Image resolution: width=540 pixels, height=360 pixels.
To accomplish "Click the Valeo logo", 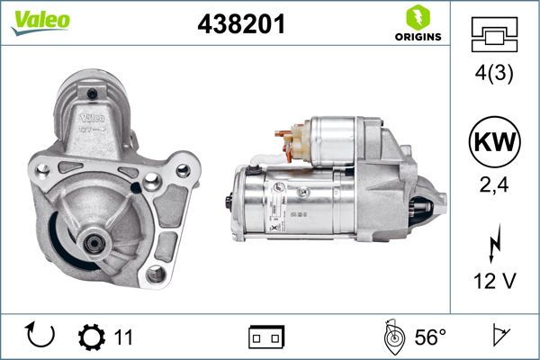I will pos(40,21).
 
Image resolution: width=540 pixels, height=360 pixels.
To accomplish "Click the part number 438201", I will pos(240,26).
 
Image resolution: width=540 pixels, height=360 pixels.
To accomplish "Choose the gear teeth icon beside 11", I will pos(92,337).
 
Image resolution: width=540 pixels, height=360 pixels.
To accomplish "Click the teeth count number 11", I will pos(123,337).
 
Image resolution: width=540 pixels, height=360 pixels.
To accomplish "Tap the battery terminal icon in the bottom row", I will pos(266,337).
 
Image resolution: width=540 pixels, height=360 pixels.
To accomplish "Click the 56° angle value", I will pos(430,337).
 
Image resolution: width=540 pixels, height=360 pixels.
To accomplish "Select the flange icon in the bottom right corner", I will pos(498,337).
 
